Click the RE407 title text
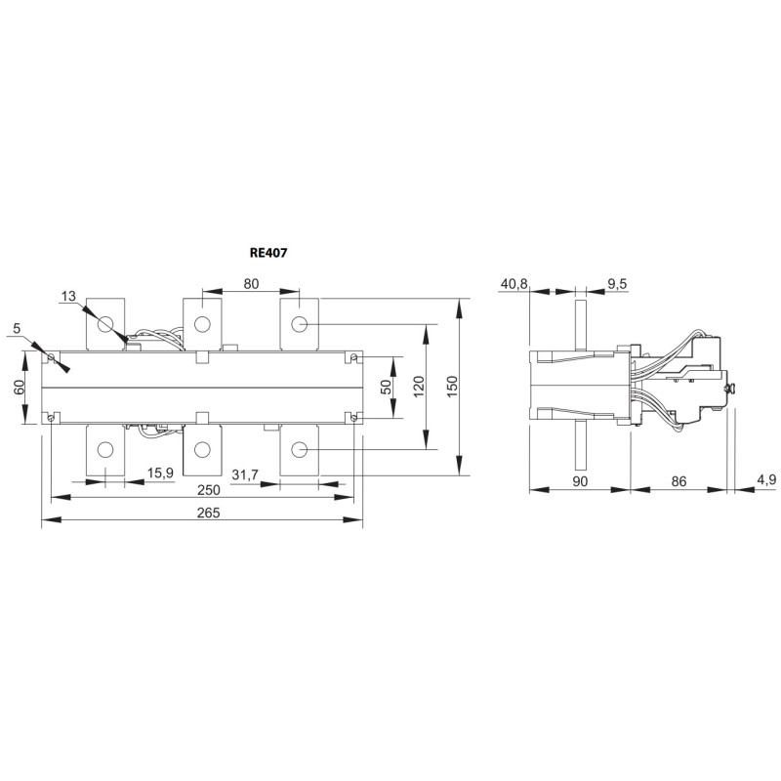(268, 253)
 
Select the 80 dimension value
(251, 283)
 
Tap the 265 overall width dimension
(208, 513)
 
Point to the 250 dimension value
(208, 490)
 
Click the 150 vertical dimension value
(452, 387)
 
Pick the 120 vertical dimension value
(419, 387)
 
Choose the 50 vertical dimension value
(386, 387)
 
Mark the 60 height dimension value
(19, 387)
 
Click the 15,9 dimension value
(160, 473)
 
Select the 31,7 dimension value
(245, 474)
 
